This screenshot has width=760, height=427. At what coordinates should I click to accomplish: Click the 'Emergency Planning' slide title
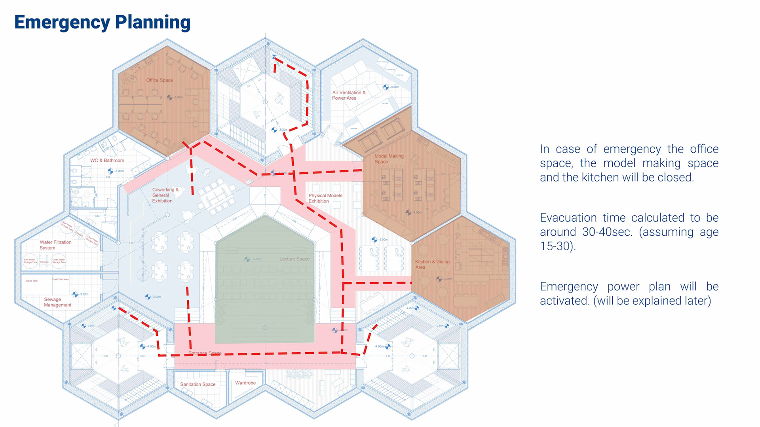[102, 23]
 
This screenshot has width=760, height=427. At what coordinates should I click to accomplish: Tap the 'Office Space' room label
[160, 80]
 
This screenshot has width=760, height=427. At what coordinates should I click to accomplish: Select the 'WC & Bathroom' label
[107, 161]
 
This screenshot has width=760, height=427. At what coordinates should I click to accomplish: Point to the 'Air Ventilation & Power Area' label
[348, 95]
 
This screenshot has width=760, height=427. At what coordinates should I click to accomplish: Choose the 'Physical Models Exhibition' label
[325, 198]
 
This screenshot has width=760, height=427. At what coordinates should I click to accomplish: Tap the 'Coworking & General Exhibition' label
[165, 195]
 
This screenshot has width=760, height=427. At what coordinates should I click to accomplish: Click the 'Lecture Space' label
[294, 259]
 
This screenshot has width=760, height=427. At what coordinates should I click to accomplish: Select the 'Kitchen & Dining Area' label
[432, 265]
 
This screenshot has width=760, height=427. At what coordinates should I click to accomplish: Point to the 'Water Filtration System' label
[55, 245]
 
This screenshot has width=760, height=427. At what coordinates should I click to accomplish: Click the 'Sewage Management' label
[57, 302]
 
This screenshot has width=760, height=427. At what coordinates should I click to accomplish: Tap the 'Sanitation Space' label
[198, 384]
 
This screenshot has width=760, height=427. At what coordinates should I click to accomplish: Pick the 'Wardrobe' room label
[245, 383]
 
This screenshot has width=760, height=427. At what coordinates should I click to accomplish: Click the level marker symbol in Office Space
[169, 97]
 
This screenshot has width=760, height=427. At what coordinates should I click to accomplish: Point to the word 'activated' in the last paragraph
[565, 301]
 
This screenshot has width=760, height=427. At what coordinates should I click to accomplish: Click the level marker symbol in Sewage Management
[75, 294]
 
